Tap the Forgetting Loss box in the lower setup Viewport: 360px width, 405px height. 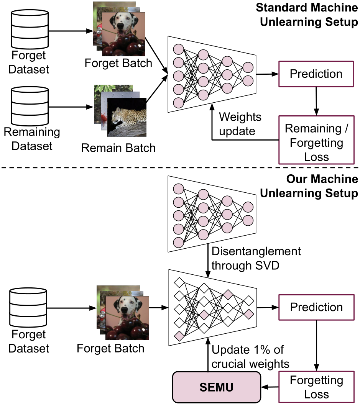tap(316, 387)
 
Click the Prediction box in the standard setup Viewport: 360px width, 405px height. tap(316, 74)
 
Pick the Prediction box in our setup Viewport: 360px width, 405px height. tap(316, 307)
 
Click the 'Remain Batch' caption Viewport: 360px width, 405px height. tap(118, 148)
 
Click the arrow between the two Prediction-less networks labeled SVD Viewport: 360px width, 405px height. tap(208, 259)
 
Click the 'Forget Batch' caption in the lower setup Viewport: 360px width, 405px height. tap(110, 348)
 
